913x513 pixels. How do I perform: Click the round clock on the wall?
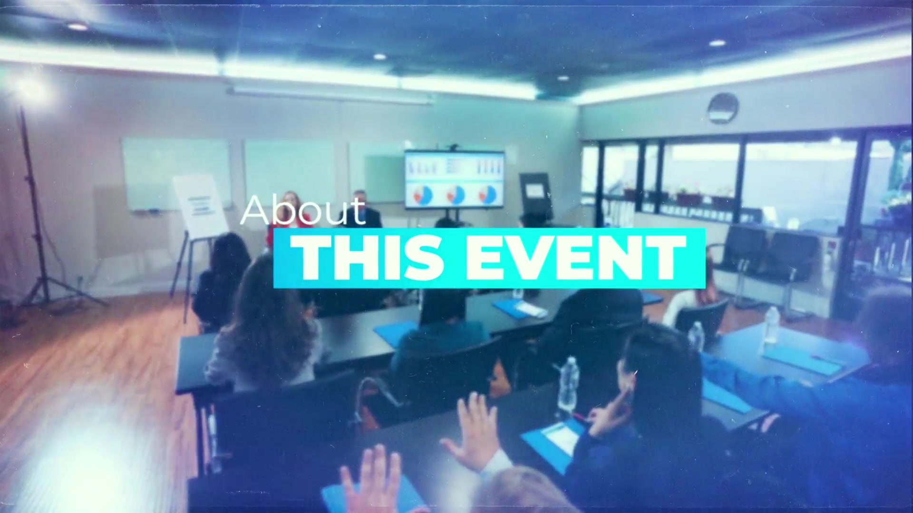point(723,108)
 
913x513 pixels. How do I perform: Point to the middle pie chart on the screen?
point(456,194)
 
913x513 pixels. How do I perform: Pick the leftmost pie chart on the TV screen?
point(423,194)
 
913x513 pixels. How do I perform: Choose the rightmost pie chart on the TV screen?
point(488,194)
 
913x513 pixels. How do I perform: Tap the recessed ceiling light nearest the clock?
point(717,43)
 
